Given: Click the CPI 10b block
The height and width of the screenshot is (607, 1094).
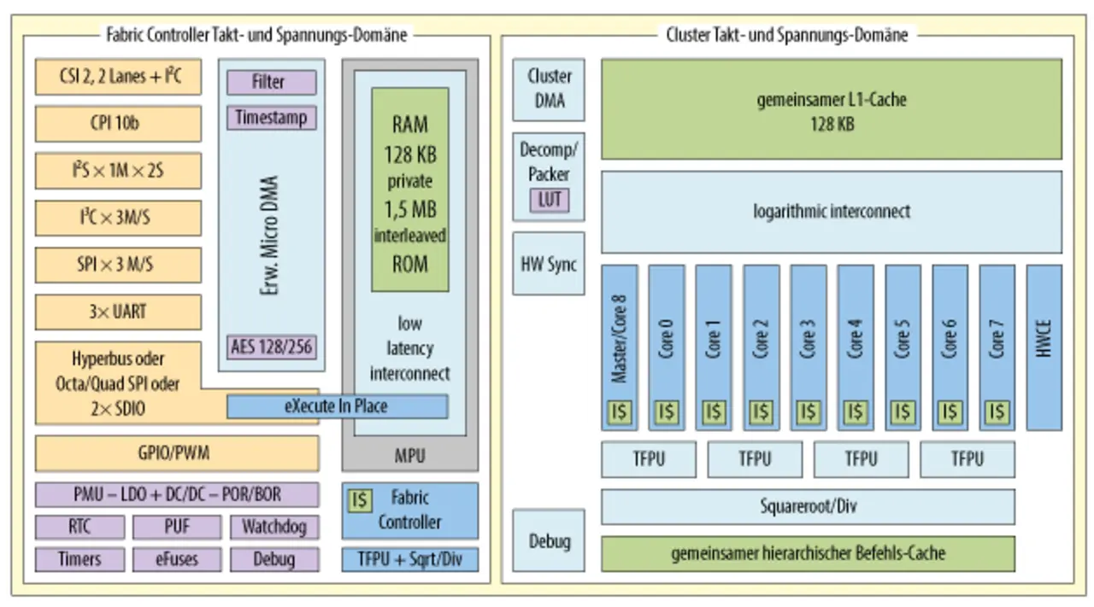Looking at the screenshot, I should click(x=118, y=123).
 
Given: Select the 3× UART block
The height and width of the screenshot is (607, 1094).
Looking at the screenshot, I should click(x=118, y=312).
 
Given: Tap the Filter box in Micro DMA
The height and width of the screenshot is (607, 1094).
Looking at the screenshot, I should click(x=271, y=82).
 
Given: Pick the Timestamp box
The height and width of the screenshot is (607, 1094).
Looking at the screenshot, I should click(x=271, y=117).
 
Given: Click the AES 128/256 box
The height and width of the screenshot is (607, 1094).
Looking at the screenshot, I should click(x=271, y=347).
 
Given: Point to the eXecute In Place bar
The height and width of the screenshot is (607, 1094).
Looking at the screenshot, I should click(x=337, y=406).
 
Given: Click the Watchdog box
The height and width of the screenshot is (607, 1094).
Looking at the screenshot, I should click(x=273, y=527).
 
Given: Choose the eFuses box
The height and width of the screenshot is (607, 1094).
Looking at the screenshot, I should click(x=177, y=559).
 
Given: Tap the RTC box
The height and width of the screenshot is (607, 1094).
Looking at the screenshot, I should click(x=79, y=527).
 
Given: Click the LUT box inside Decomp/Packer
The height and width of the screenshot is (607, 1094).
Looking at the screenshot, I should click(x=549, y=200).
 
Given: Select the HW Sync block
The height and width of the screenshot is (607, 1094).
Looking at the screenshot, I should click(x=549, y=263).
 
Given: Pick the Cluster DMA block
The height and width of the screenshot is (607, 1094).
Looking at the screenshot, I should click(x=549, y=89).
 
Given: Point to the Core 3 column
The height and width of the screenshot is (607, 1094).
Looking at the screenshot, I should click(x=808, y=337).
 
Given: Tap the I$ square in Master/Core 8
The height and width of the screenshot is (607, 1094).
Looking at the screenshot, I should click(x=620, y=412).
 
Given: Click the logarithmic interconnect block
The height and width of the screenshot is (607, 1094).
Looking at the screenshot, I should click(x=832, y=212).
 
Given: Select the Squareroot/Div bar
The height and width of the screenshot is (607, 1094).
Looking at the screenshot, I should click(x=808, y=506).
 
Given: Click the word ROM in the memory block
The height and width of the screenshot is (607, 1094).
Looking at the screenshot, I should click(x=409, y=263).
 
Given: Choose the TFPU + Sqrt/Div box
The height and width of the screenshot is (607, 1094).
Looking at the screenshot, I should click(x=410, y=559).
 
